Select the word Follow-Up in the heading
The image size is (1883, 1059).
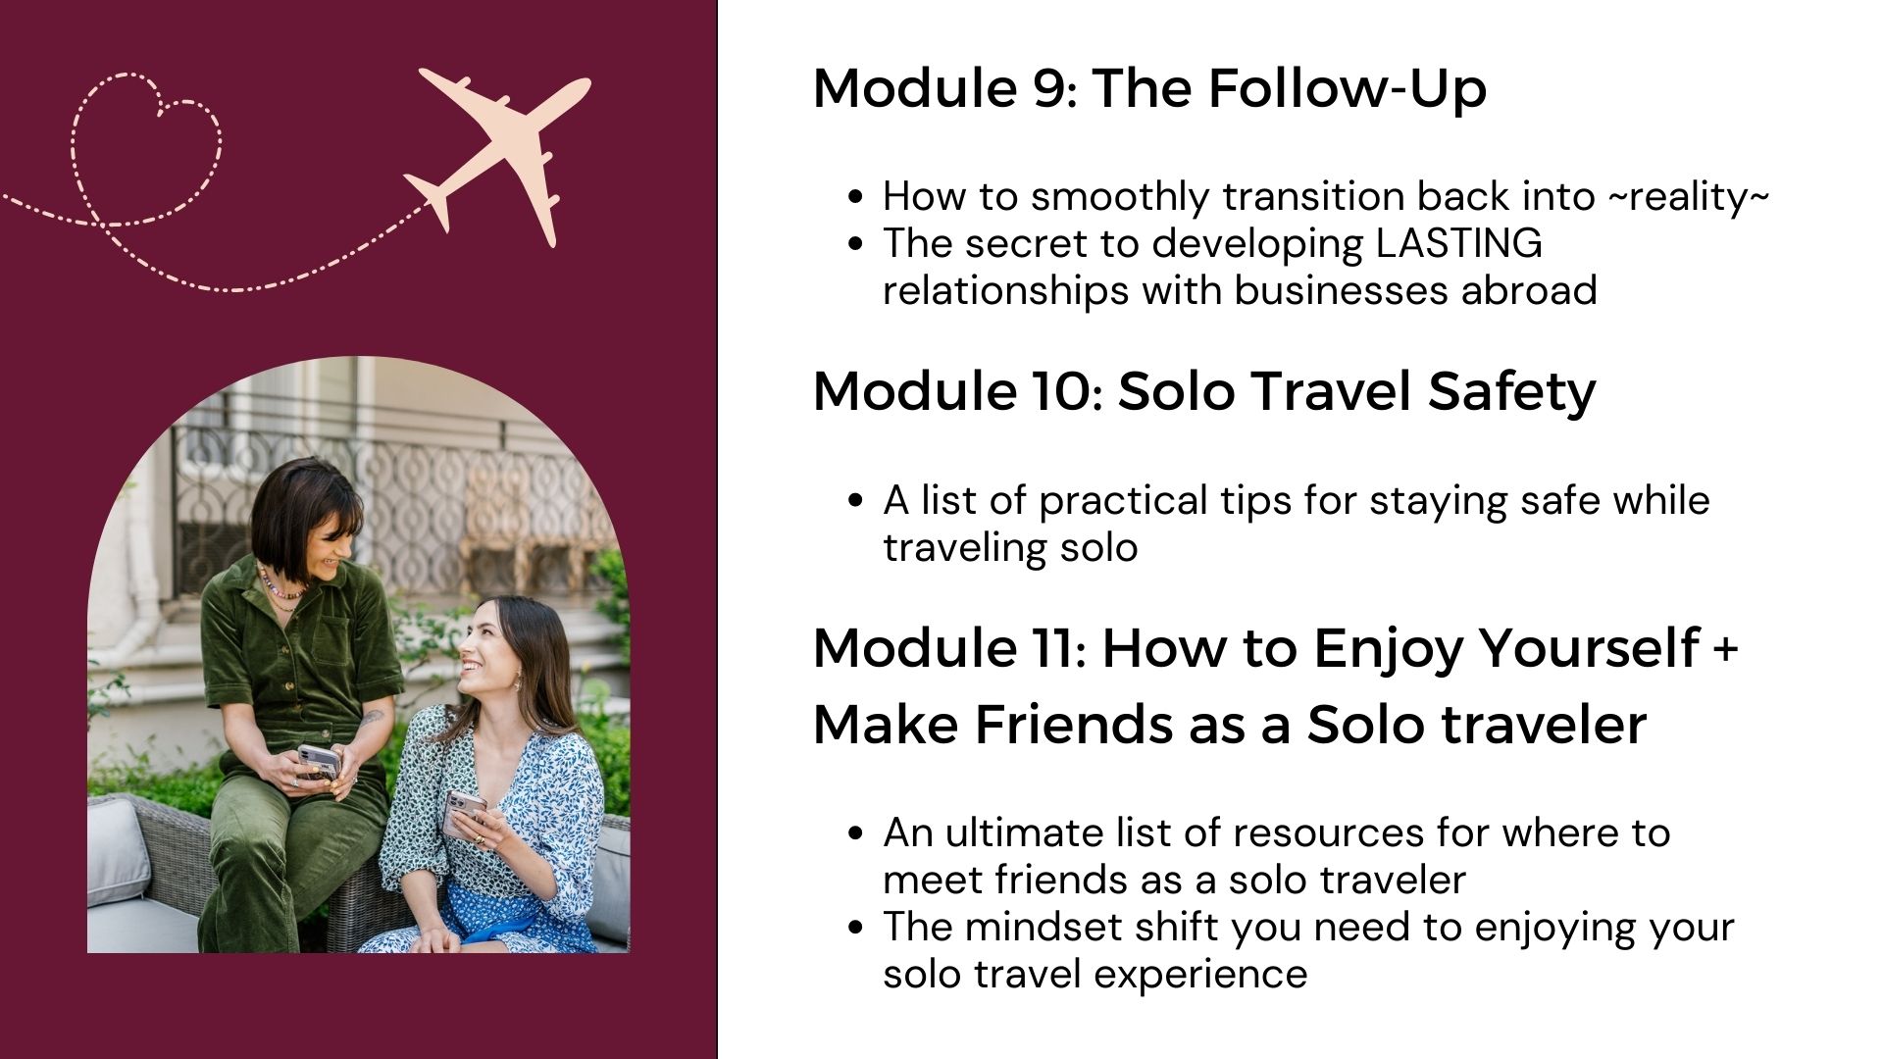coord(1347,90)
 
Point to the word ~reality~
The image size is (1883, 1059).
coord(1687,196)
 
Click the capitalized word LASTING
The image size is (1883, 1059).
coord(1458,243)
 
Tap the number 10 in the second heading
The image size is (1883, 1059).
coord(1058,391)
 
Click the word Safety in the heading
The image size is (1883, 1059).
coord(1511,392)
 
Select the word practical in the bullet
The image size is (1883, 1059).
coord(1123,500)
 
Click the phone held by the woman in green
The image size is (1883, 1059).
coord(319,761)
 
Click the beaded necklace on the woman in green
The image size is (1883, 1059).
coord(280,585)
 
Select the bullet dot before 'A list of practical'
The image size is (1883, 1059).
coord(856,500)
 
